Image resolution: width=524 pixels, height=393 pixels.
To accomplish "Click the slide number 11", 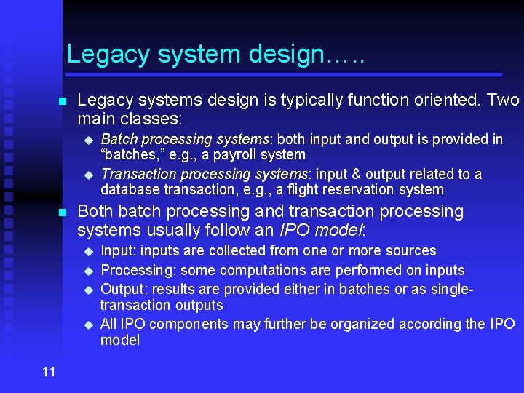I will (x=49, y=372).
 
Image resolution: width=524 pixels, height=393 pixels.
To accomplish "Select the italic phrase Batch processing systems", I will (x=185, y=139).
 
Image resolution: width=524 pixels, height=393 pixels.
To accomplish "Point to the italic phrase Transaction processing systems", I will (x=205, y=174).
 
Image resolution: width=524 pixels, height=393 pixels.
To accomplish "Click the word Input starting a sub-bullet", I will (x=117, y=251).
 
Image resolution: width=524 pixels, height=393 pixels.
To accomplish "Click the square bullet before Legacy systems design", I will (x=63, y=100).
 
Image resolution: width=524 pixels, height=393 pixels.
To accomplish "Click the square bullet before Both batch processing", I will (x=63, y=213).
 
